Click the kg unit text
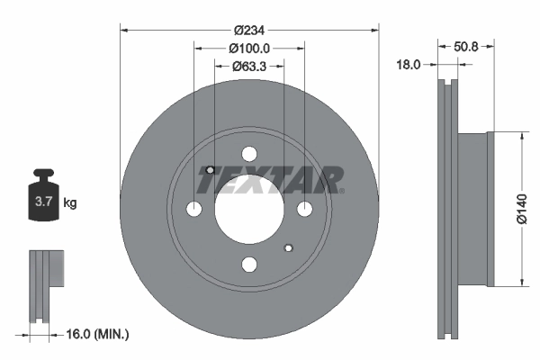(70, 203)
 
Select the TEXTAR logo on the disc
(270, 180)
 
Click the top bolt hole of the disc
(249, 154)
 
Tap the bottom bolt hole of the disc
(249, 264)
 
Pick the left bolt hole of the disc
(194, 209)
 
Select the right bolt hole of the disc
(304, 209)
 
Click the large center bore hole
(249, 209)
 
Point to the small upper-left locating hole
(210, 170)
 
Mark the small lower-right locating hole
(288, 247)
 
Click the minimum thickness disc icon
(42, 285)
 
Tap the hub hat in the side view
(474, 209)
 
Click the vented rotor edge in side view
(446, 209)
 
